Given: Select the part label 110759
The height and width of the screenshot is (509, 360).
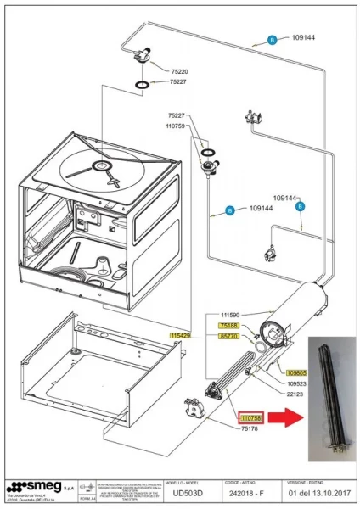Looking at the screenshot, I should (x=176, y=125).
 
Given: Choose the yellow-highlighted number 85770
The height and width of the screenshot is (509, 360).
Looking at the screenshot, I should (x=229, y=337).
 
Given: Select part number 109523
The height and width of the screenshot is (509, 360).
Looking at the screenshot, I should (x=297, y=383).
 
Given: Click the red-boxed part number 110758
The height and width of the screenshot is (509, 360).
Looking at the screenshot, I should (x=252, y=418).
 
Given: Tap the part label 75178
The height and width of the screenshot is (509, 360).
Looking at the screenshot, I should (x=250, y=430).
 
